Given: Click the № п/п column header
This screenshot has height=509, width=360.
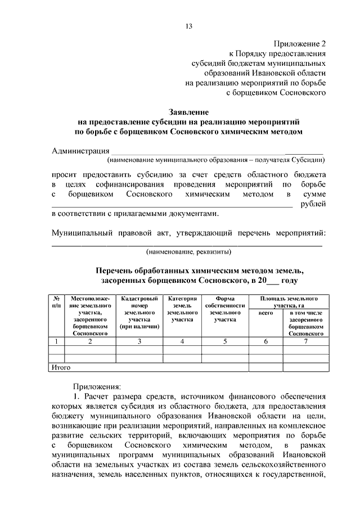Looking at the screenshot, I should (x=57, y=301).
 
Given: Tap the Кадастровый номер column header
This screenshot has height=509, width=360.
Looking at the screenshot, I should (x=139, y=312).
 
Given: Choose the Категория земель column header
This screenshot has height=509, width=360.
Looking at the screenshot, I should (x=182, y=308).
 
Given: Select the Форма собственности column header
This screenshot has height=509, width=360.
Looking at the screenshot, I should (x=225, y=308).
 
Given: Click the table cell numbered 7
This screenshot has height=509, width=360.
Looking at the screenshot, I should (x=305, y=341).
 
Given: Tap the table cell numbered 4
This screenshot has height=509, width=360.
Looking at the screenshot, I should (x=182, y=341).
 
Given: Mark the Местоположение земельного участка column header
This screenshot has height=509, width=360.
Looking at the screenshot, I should (x=90, y=316).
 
